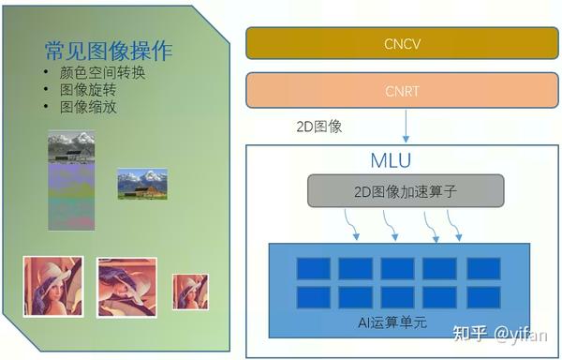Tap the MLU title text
pos(391,160)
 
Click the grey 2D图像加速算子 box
pos(406,191)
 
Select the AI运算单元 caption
pos(392,322)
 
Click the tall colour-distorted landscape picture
pos(72,180)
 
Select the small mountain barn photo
pos(142,183)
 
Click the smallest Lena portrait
pos(190,292)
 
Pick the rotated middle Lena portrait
pos(126,287)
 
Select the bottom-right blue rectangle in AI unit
pos(482,297)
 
